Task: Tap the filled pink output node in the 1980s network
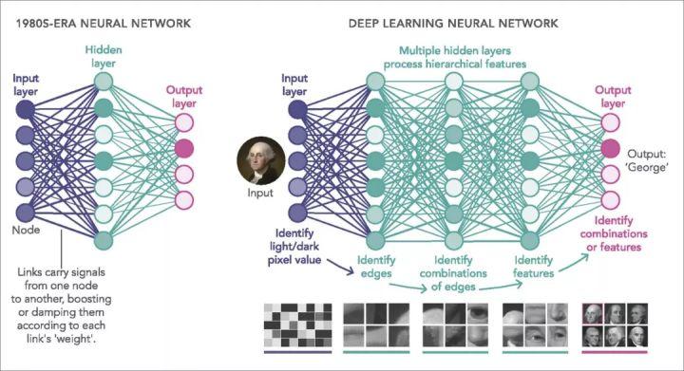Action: tap(184, 148)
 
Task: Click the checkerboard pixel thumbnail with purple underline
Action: tap(297, 325)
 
